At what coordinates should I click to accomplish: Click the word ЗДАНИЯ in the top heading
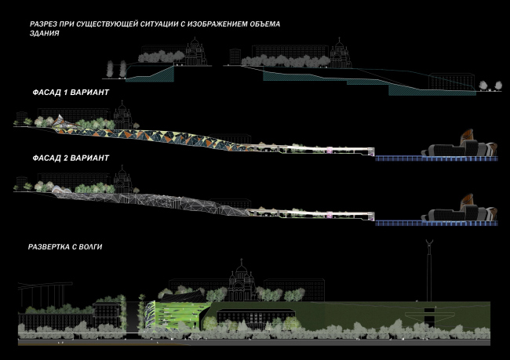44,35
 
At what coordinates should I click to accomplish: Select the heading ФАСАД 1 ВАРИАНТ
67,93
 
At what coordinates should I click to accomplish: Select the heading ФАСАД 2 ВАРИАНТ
67,158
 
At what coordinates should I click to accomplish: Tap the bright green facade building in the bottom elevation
182,314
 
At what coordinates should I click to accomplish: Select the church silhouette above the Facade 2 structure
123,180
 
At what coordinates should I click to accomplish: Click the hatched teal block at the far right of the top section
432,89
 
